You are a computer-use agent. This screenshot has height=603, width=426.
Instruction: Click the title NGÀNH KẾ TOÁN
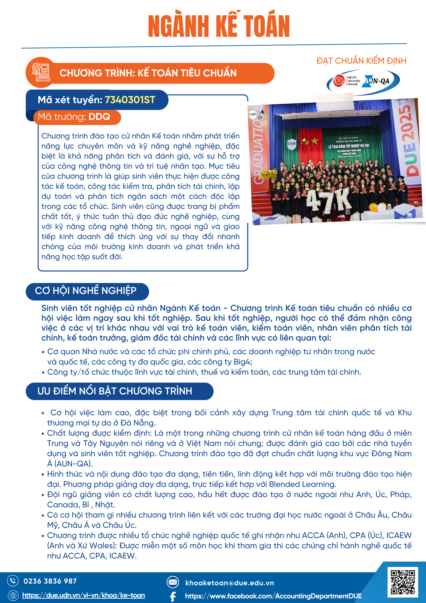pos(219,25)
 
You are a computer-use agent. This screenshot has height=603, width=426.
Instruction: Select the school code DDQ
pos(99,117)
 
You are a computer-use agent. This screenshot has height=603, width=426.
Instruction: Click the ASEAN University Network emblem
pos(339,81)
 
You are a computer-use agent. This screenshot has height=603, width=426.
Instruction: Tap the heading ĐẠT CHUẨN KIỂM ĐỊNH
pos(361,61)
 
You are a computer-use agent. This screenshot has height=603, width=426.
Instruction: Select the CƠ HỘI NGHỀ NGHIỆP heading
pos(86,291)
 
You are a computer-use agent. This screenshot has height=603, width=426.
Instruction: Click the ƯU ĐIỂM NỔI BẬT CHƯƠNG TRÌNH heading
pos(115,391)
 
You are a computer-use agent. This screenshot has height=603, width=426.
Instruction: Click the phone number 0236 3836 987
pos(50,581)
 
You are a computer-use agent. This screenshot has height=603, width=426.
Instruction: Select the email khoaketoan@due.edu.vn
pos(229,583)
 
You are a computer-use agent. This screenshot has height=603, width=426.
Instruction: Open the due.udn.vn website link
pos(83,595)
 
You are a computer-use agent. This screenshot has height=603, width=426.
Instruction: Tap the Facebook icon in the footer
pos(173,596)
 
